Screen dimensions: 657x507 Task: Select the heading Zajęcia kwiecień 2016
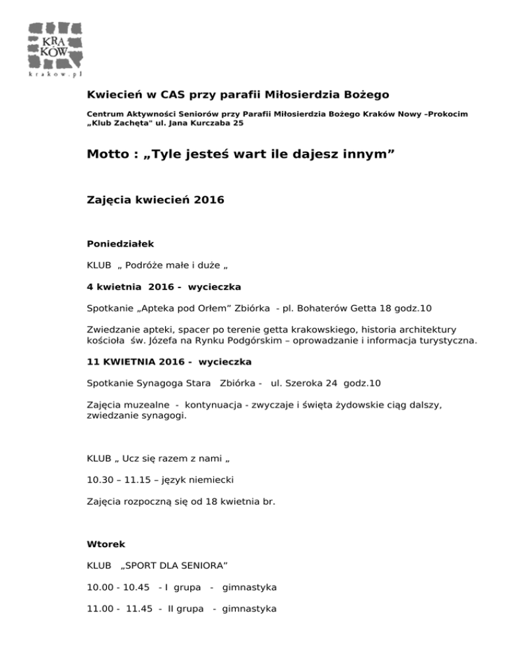point(156,199)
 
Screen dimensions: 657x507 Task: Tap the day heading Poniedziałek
point(120,244)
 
